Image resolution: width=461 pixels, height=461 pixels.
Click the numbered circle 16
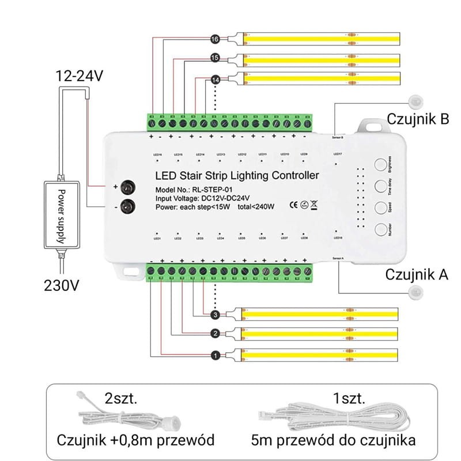(215, 39)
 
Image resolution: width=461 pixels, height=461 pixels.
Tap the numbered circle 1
(215, 356)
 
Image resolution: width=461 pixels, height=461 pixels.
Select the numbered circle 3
(215, 315)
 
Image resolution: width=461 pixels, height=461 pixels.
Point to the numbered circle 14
(215, 79)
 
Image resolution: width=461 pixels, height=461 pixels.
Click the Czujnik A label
(417, 274)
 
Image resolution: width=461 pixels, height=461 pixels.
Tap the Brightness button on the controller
(380, 165)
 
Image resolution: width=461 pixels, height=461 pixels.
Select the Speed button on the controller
(380, 207)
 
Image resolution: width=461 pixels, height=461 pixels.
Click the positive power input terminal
(131, 187)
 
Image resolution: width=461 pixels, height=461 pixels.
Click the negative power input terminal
(131, 206)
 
